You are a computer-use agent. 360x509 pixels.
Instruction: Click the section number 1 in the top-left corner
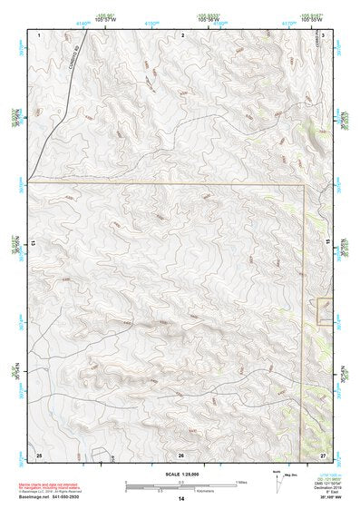40,34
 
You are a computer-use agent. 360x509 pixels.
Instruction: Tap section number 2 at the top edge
182,34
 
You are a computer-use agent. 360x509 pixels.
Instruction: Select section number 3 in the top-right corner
323,34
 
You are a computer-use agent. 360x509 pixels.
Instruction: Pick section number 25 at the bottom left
38,453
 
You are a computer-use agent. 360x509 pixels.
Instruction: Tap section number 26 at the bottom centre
180,454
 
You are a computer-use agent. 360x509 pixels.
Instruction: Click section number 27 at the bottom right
323,454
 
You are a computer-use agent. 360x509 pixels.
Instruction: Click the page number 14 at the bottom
180,498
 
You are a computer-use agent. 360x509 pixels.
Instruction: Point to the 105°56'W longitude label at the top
210,19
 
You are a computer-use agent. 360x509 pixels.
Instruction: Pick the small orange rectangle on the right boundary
326,311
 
